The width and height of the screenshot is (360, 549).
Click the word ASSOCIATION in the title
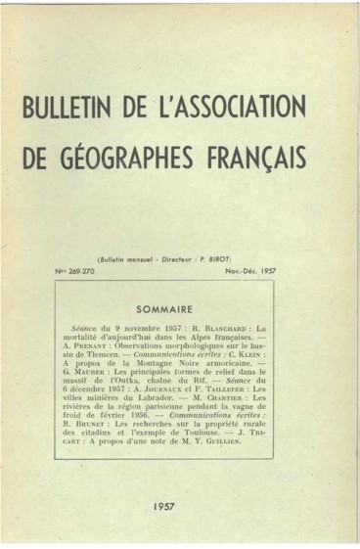(x=231, y=106)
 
